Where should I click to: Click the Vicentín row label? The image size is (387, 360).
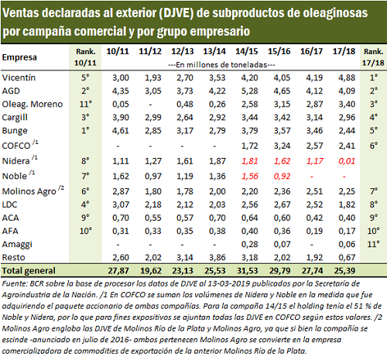[19, 77]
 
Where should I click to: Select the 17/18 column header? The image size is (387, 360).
[344, 51]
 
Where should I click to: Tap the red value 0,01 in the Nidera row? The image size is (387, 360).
[347, 161]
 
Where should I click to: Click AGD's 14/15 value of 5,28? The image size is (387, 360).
[249, 91]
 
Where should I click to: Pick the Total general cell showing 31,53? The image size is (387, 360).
[247, 270]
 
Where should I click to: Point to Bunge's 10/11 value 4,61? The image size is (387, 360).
[120, 130]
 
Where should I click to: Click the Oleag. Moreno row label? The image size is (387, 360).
[33, 104]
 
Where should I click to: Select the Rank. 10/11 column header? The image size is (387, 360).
[85, 57]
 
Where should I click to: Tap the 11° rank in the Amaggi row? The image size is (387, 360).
[373, 244]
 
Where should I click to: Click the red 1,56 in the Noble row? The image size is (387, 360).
[249, 176]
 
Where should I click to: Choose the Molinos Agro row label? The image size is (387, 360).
[29, 191]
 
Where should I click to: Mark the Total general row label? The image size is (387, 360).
[29, 270]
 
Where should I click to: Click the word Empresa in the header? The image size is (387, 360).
[19, 57]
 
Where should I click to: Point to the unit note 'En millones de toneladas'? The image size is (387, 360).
[221, 64]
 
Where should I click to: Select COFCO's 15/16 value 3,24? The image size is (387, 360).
[282, 146]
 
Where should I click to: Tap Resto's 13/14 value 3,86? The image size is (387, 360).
[217, 257]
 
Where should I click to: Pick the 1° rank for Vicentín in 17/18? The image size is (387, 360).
[373, 77]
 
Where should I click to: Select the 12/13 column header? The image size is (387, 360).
[183, 51]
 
